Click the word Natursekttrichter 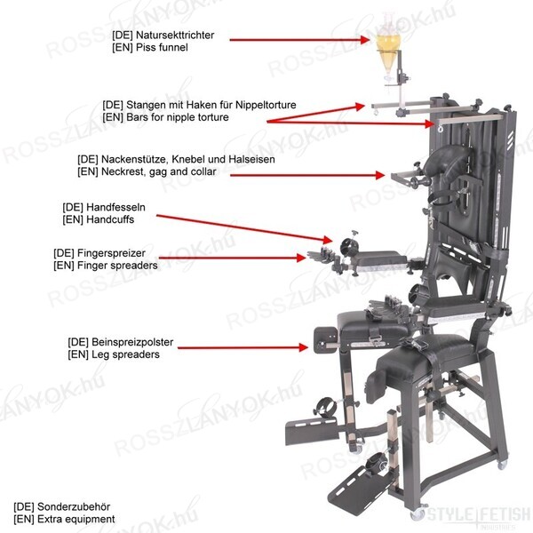175,35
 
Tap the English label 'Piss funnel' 162,47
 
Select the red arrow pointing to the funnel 300,40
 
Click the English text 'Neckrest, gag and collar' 159,171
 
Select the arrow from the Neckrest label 307,175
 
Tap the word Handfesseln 115,207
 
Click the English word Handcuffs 110,219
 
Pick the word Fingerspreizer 112,253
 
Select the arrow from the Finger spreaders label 233,258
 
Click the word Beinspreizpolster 132,342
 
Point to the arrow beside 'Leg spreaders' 243,347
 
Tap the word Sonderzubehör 74,507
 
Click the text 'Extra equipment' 76,520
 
